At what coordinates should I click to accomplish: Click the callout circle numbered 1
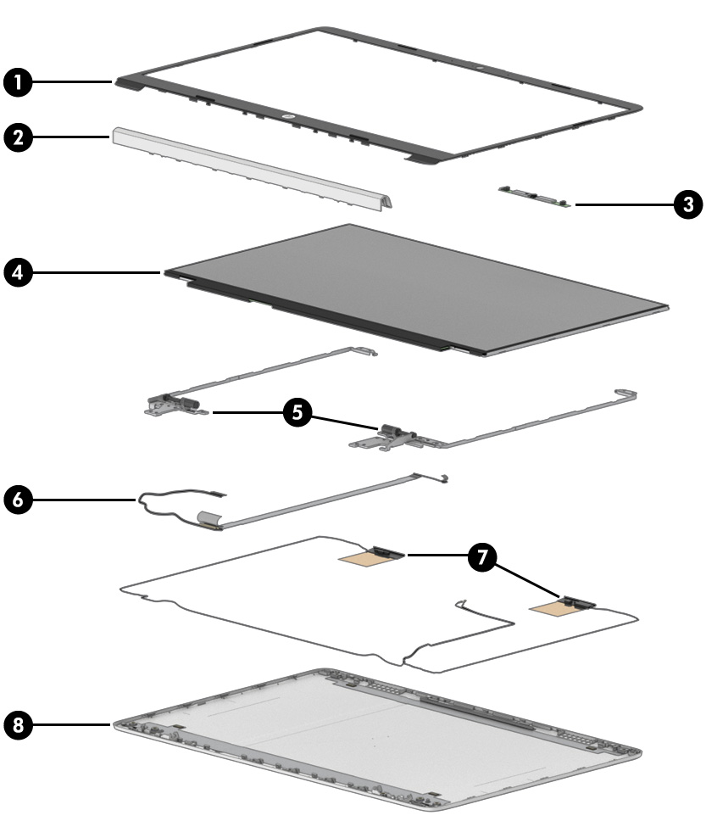18,82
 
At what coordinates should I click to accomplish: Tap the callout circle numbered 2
18,137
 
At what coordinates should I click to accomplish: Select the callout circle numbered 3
688,204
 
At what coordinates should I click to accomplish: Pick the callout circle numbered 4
18,272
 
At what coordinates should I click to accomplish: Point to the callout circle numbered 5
297,412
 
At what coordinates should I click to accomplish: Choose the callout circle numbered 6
18,500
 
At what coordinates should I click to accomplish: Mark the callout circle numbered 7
482,556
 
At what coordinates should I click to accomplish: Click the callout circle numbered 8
18,724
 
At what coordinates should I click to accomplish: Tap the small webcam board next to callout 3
535,196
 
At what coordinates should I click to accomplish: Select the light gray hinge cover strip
252,168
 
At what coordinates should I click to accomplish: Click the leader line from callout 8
71,724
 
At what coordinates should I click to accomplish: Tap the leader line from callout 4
97,272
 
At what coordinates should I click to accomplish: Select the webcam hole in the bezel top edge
480,69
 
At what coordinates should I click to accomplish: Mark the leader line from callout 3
625,204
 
